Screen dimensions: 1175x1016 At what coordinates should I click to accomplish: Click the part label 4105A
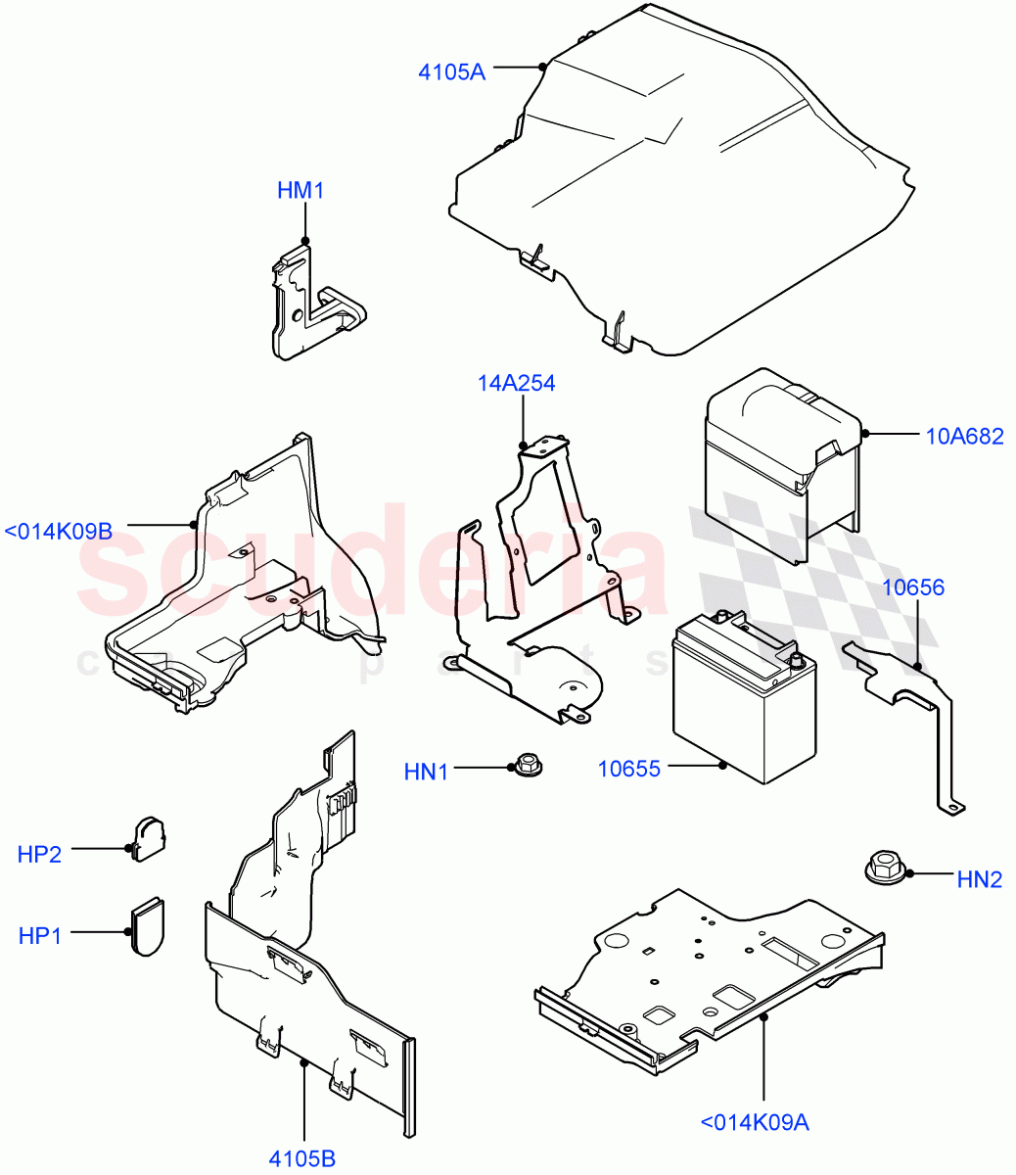coord(451,72)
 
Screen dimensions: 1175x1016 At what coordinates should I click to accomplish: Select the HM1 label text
coord(300,190)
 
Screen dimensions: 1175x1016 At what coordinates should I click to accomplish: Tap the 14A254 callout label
coord(517,383)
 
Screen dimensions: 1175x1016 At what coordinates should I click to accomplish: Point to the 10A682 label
coord(964,437)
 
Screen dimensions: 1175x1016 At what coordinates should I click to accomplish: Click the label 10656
coord(913,587)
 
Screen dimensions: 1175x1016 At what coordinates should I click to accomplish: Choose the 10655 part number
coord(628,769)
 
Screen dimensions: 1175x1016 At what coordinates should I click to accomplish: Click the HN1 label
coord(426,773)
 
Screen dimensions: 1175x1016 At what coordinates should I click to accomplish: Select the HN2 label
coord(979,879)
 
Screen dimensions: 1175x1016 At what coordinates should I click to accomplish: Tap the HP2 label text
coord(39,854)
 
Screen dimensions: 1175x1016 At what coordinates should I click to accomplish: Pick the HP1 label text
coord(39,935)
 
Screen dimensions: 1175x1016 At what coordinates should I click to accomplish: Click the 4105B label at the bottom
coord(302,1158)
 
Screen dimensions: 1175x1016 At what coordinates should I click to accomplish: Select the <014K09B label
coord(59,531)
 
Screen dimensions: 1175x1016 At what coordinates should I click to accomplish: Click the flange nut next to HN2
coord(884,867)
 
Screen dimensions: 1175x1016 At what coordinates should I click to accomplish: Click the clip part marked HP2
coord(150,838)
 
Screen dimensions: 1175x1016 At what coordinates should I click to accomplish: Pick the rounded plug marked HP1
coord(148,924)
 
